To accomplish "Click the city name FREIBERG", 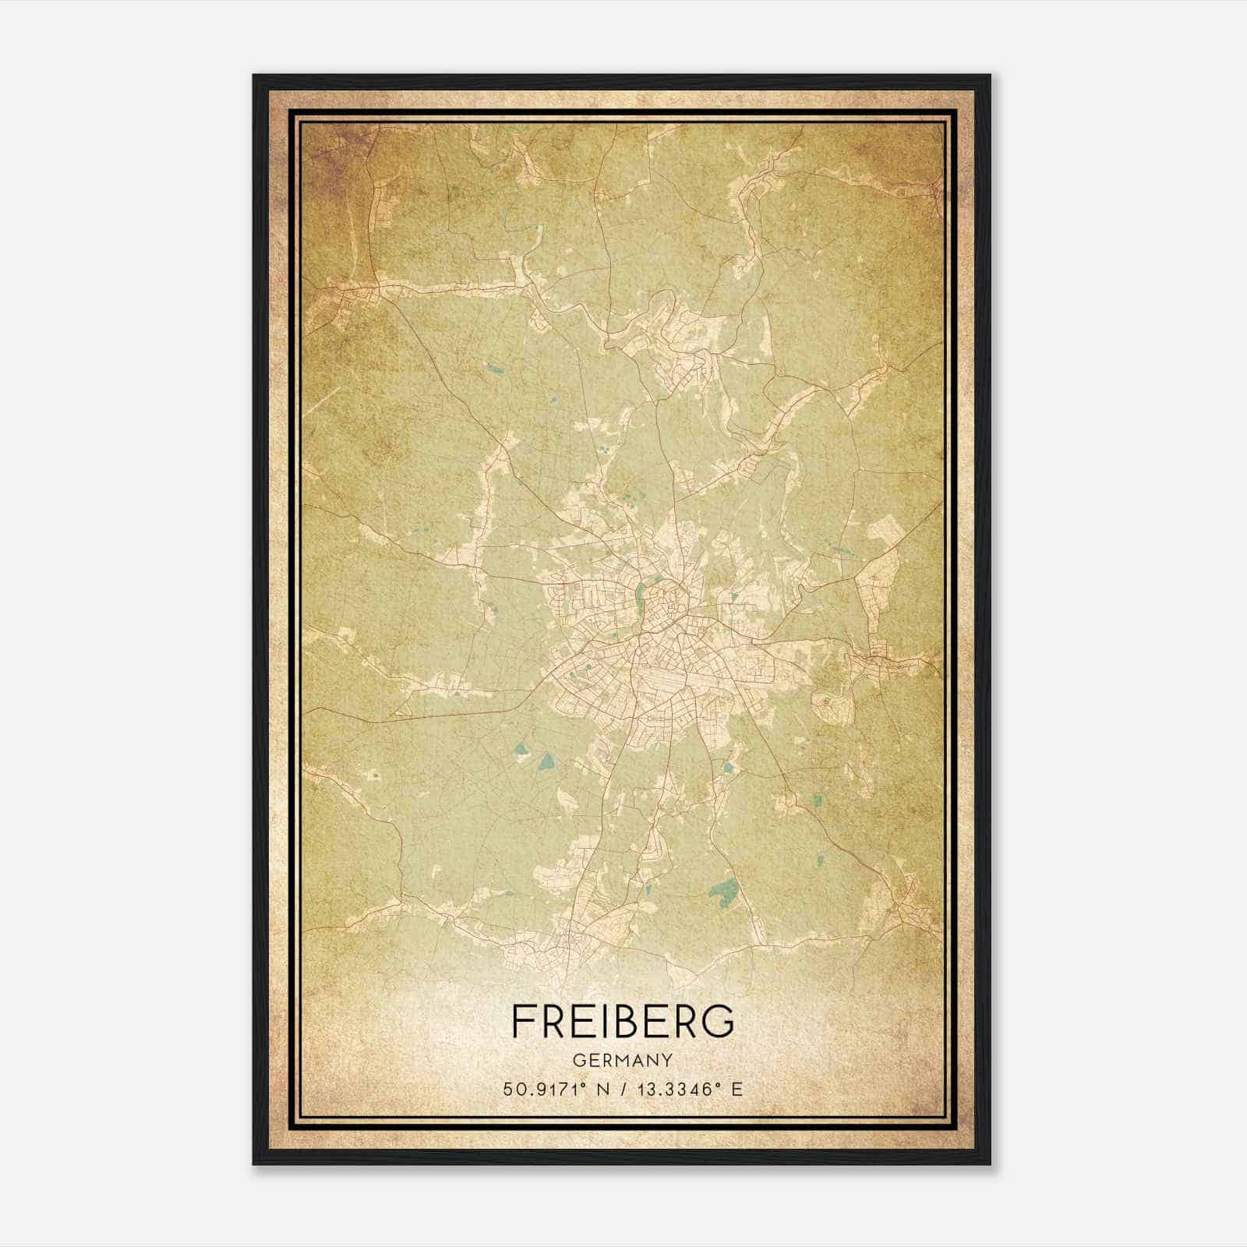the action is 623,1021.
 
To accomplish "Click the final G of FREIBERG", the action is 719,1021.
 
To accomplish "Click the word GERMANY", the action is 623,1060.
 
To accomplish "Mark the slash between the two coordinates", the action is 623,1089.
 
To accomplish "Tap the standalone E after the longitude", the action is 737,1089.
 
